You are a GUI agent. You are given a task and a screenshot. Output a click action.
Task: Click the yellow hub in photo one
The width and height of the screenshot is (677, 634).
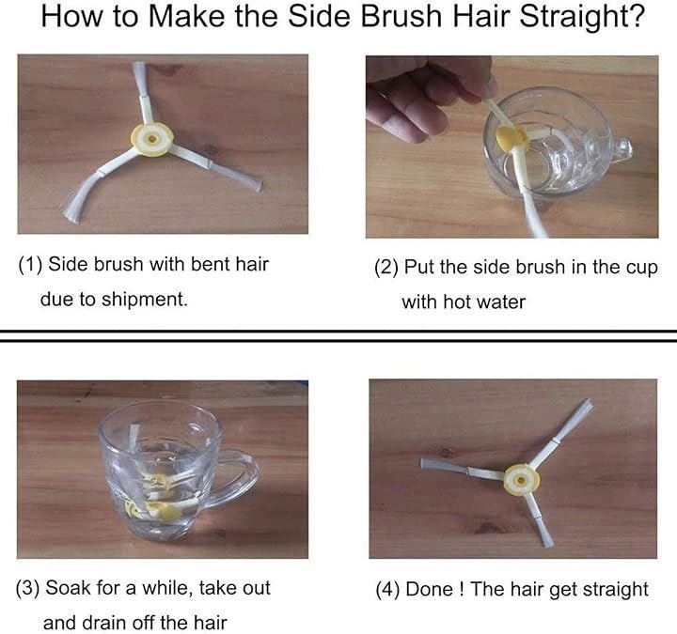152,139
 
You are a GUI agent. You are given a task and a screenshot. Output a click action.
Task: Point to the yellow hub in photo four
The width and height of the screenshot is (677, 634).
522,480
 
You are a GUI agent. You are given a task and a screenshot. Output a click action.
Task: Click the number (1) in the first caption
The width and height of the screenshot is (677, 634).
30,264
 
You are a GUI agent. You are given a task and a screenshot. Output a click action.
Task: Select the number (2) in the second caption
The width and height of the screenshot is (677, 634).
386,268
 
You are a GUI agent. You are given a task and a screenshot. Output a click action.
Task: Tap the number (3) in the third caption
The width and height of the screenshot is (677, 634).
27,588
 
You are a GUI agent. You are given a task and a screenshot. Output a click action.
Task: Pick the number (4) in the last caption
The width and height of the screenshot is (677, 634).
387,590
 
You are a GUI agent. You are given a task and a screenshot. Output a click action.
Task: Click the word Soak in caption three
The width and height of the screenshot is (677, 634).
69,588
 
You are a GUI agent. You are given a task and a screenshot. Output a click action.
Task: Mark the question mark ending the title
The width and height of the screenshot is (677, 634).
635,16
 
